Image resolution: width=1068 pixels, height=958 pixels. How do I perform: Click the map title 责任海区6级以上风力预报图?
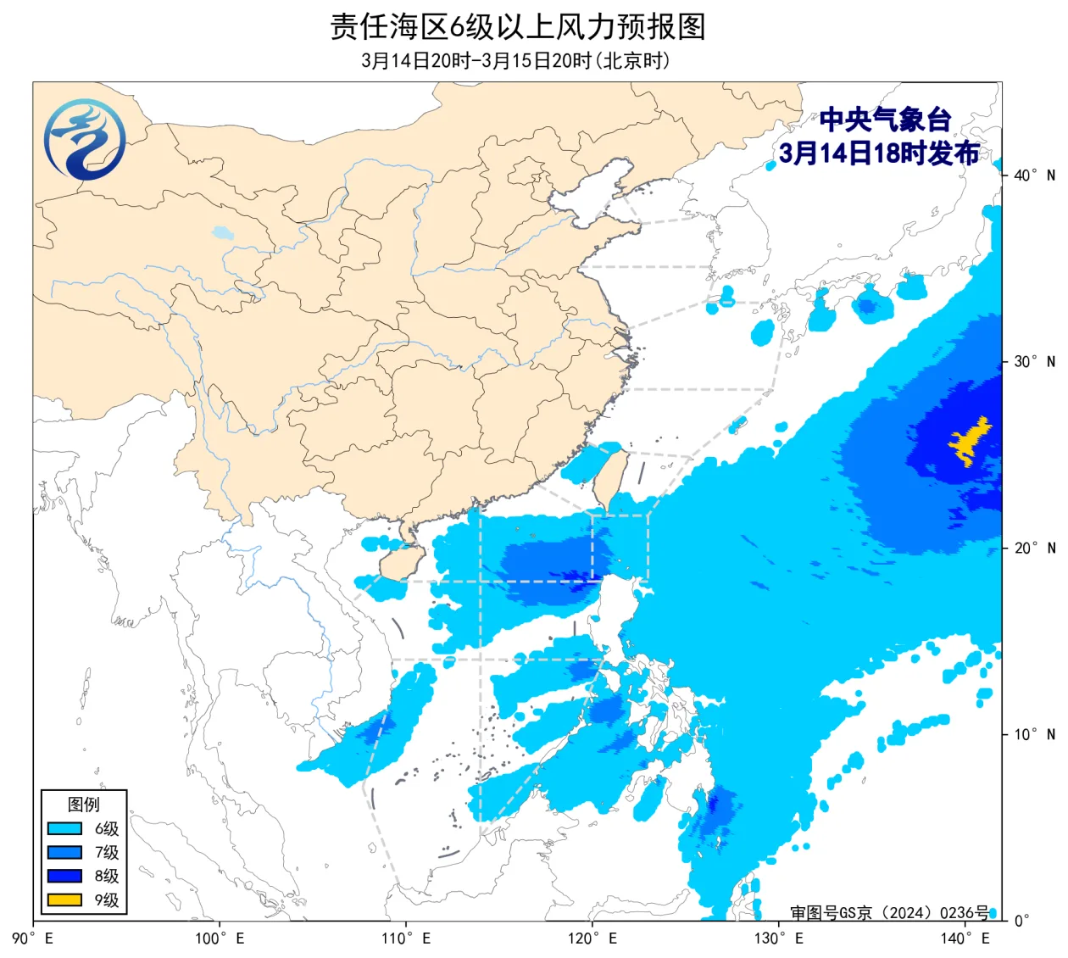517,26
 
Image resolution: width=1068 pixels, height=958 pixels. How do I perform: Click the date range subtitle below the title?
515,61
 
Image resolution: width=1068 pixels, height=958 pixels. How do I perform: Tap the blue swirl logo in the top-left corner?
85,139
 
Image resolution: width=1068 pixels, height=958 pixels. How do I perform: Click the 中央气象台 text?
885,120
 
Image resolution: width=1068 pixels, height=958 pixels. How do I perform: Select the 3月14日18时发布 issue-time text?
879,153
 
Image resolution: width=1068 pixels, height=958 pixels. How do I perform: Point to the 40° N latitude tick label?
1034,175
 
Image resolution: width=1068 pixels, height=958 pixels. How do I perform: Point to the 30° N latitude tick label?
1034,362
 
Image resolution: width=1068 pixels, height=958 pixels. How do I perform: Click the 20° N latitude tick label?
1034,549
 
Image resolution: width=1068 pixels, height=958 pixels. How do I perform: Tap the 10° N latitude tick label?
1034,734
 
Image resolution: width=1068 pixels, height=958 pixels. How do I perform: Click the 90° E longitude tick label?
34,939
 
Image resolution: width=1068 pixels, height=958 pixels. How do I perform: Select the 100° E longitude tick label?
220,939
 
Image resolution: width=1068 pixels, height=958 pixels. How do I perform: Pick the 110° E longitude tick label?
406,939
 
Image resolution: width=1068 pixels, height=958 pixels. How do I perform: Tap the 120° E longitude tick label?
592,939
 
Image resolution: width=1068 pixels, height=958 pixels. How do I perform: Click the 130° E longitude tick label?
779,939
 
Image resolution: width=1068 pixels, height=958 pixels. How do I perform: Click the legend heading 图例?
84,805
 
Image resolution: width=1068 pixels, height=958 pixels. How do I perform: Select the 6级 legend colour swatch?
64,829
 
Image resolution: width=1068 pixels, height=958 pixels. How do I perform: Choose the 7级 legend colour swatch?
64,853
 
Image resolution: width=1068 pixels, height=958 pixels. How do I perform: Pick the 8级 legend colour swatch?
64,877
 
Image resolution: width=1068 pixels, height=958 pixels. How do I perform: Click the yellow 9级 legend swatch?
64,900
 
